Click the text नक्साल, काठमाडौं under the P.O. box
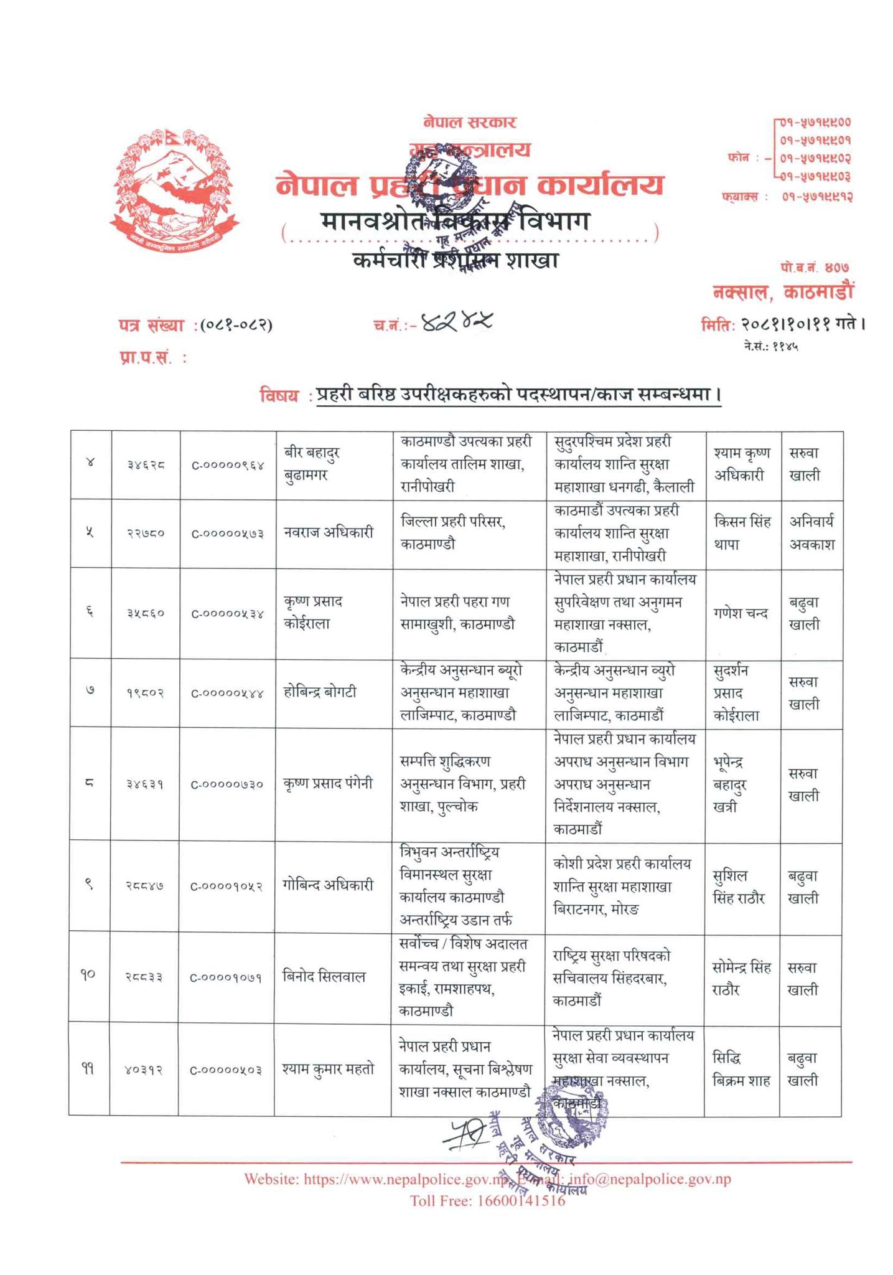coord(783,291)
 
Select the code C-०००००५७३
coord(227,534)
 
